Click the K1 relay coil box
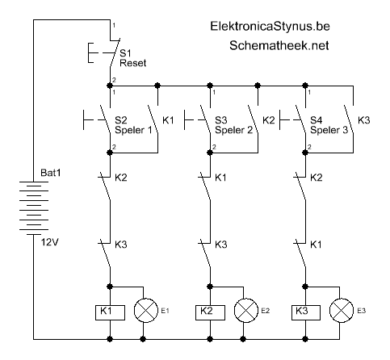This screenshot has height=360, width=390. pyautogui.click(x=110, y=312)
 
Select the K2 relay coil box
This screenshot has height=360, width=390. pyautogui.click(x=210, y=312)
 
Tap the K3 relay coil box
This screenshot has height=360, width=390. pyautogui.click(x=306, y=312)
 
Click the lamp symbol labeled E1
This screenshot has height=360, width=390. pyautogui.click(x=146, y=311)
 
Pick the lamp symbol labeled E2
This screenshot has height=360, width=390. pyautogui.click(x=246, y=311)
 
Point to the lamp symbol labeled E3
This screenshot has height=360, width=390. pyautogui.click(x=342, y=311)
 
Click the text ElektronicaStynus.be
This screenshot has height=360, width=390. pyautogui.click(x=270, y=27)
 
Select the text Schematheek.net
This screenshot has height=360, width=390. pyautogui.click(x=279, y=45)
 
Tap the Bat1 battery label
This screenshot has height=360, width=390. pyautogui.click(x=51, y=173)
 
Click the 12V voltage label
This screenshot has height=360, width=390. pyautogui.click(x=50, y=242)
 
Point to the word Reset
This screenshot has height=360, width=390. pyautogui.click(x=133, y=63)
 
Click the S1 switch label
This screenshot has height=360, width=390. pyautogui.click(x=125, y=53)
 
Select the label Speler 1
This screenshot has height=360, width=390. pyautogui.click(x=133, y=130)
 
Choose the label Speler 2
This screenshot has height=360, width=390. pyautogui.click(x=234, y=130)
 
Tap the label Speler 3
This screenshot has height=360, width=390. pyautogui.click(x=329, y=130)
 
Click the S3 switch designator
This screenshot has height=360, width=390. pyautogui.click(x=221, y=120)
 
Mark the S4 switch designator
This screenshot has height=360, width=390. pyautogui.click(x=317, y=120)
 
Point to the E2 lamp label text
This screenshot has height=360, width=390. pyautogui.click(x=266, y=311)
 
